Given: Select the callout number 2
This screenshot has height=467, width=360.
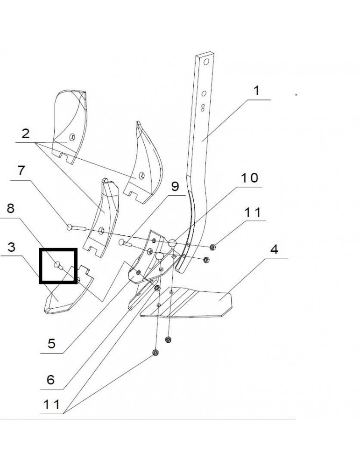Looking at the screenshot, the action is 26,134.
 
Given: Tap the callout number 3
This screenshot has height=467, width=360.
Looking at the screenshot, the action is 11,247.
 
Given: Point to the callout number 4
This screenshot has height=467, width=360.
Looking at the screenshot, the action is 274,249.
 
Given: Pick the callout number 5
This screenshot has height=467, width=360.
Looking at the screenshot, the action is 51,343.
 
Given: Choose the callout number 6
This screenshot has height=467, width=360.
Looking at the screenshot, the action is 50,380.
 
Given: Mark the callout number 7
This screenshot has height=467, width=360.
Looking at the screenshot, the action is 21,170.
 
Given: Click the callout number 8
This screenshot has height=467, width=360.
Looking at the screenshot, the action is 10,208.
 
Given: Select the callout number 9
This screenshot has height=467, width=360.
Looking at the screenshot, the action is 175,186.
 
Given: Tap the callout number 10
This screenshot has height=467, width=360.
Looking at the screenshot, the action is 249,178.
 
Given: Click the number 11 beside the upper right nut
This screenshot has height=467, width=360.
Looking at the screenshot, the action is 253,212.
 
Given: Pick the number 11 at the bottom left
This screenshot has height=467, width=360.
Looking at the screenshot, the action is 51,404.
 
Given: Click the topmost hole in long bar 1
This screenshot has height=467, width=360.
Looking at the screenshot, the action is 206,62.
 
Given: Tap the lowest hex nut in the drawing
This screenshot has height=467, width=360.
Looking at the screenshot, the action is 155,352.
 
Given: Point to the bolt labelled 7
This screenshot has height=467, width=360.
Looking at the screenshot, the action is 77,228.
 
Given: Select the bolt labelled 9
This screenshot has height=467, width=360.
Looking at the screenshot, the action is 125,242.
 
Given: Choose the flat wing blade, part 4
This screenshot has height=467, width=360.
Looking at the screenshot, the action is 187,301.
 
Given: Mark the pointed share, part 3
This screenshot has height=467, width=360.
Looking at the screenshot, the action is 69,290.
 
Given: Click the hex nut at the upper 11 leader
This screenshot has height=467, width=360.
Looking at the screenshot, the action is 212,247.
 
